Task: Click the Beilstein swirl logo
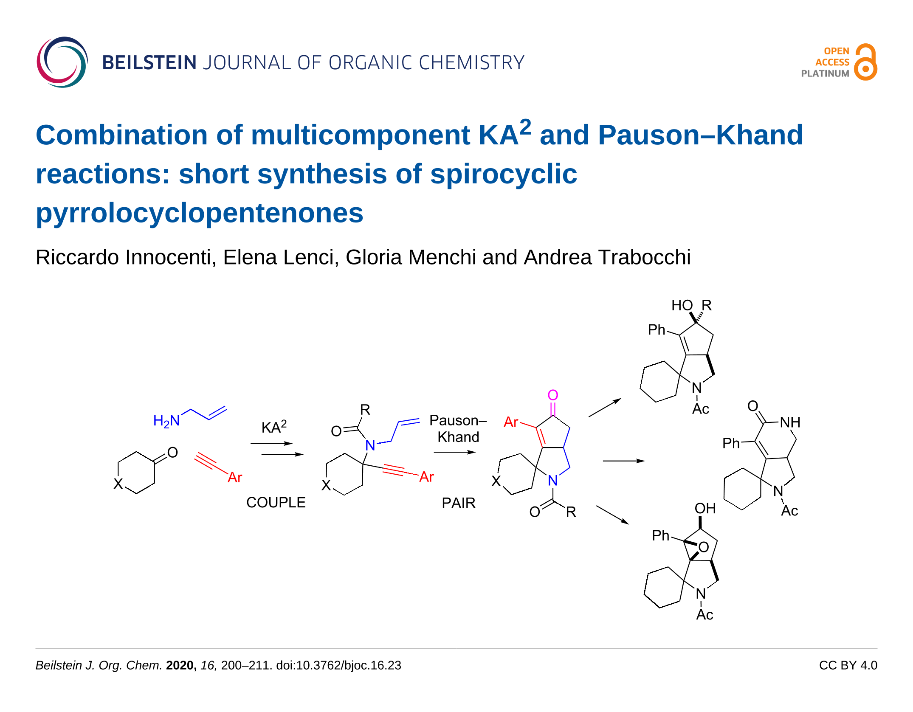click(x=62, y=62)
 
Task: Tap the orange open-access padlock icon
click(x=866, y=62)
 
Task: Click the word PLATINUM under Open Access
click(x=825, y=73)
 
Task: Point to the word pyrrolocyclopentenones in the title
click(x=200, y=213)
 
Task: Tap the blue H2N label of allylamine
click(x=166, y=421)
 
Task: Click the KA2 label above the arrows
click(x=274, y=426)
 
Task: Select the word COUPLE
click(x=276, y=503)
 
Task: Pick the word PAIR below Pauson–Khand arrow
click(x=458, y=503)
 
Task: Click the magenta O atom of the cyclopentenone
click(x=552, y=395)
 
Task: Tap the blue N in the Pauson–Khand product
click(x=552, y=481)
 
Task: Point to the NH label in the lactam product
click(x=790, y=422)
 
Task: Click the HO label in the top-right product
click(x=682, y=305)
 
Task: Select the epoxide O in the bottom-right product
click(x=704, y=547)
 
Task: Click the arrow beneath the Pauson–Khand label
click(x=454, y=452)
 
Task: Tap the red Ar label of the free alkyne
click(x=235, y=478)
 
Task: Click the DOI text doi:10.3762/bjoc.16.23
click(x=338, y=665)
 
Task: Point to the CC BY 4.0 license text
click(x=848, y=665)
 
